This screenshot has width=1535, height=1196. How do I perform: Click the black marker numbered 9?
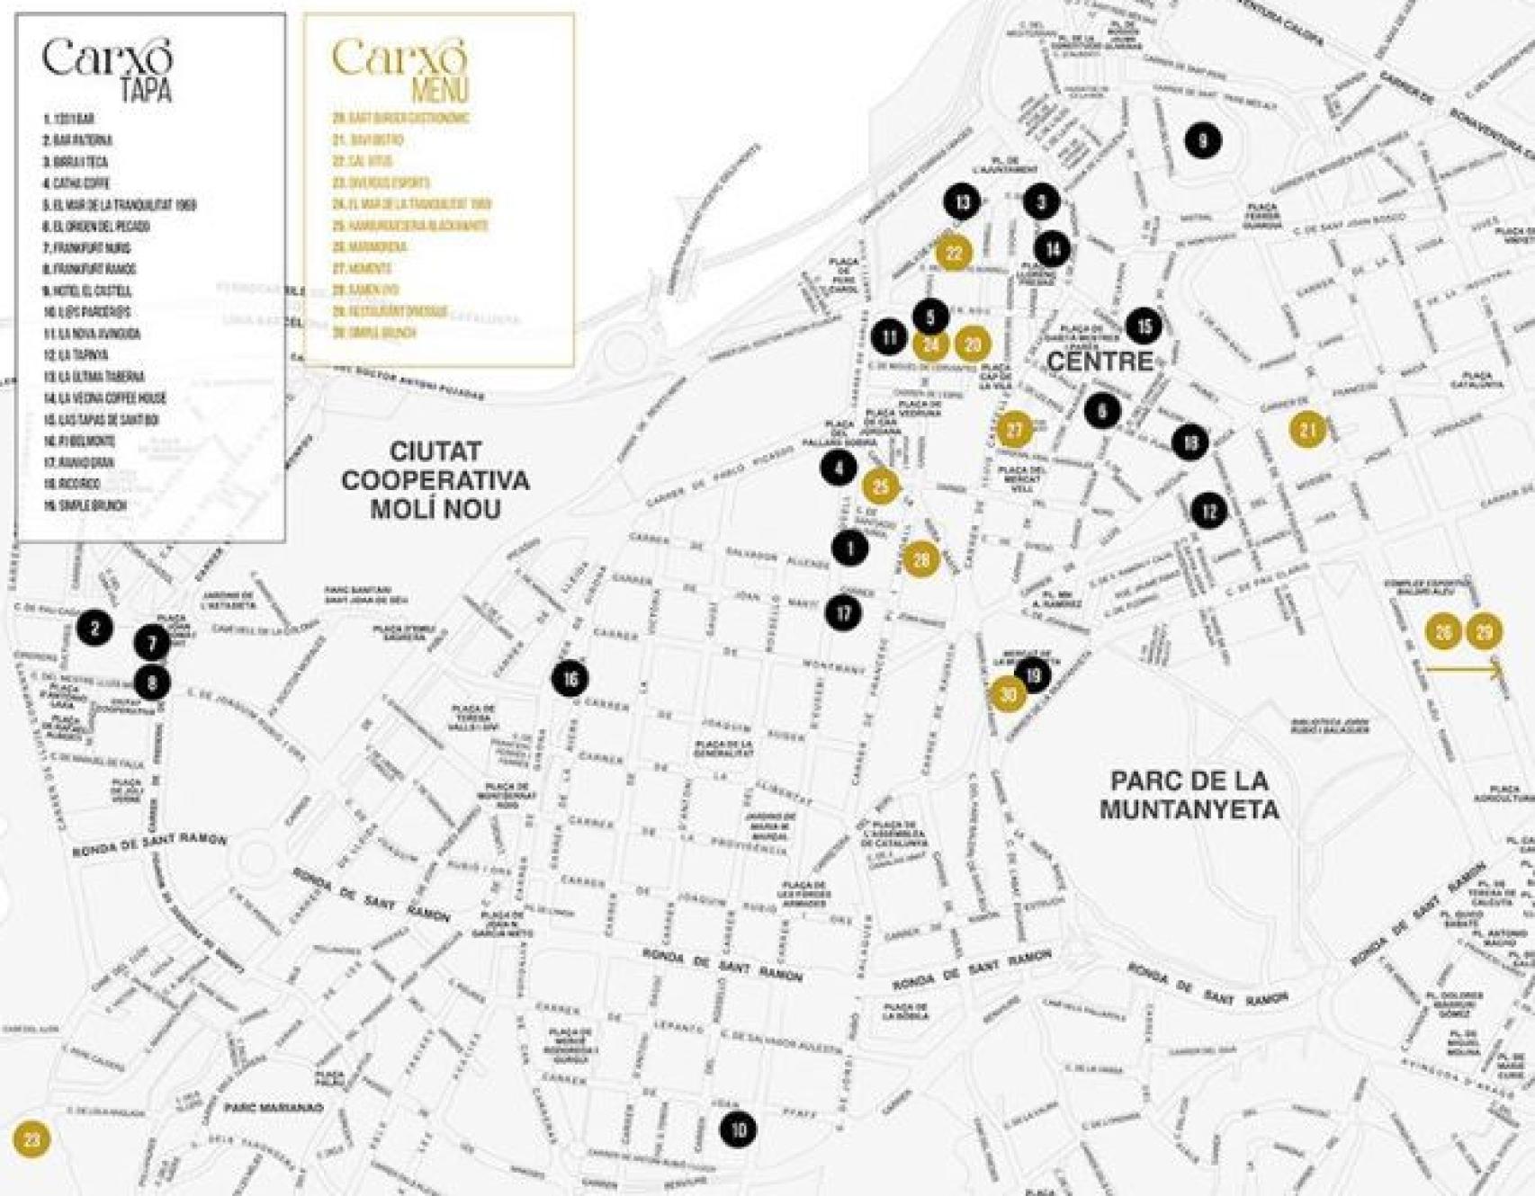coord(1203,139)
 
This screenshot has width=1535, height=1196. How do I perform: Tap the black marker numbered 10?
coord(738,1129)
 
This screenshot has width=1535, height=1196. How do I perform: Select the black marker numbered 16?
coord(570,679)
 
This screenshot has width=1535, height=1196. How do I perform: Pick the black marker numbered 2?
coord(94,628)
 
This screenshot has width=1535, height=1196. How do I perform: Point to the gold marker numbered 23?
coord(31,1140)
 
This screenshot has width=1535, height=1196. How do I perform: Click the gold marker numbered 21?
coord(1307,430)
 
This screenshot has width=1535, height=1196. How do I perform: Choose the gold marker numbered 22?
coord(954,253)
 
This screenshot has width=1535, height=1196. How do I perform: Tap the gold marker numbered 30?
coord(1008,694)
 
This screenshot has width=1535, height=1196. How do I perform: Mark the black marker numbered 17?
coord(843,613)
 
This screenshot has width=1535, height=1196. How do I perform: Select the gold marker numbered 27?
coord(1014,430)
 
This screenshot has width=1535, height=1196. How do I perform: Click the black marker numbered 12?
coord(1208,511)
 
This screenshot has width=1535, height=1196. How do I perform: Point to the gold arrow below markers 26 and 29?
coord(1465,669)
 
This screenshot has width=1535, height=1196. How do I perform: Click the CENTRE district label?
coord(1099,361)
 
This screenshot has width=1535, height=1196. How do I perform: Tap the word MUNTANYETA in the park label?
coord(1189,809)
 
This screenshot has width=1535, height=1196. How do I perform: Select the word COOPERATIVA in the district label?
coord(435,480)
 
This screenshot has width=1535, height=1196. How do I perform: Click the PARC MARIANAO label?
coord(273,1108)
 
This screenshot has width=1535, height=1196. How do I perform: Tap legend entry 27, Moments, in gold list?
coord(362,268)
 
